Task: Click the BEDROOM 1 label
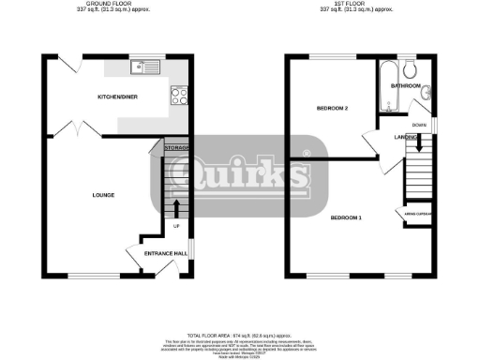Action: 346,217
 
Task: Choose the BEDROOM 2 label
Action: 332,109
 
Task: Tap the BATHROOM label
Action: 406,85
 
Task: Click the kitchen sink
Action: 147,67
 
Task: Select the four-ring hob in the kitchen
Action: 179,94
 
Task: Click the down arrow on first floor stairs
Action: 419,142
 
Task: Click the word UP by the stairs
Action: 176,227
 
